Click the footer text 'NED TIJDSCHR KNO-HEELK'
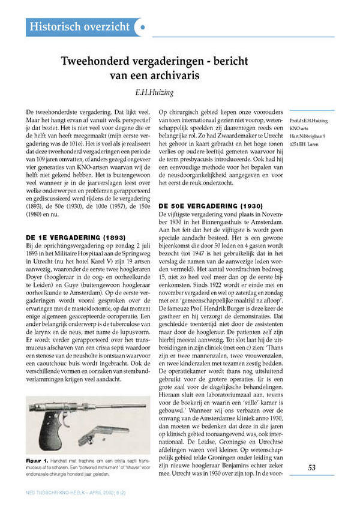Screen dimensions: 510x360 (x=60, y=491)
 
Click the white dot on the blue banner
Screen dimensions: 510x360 (x=142, y=27)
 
